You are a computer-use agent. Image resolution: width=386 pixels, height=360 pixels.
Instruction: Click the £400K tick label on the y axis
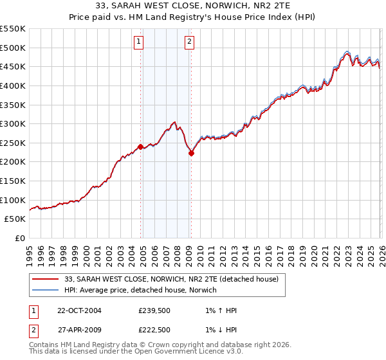[13, 85]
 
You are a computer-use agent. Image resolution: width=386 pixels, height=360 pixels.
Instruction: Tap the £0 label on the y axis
[19, 239]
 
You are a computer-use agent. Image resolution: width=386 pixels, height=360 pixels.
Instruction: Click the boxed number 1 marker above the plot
[139, 42]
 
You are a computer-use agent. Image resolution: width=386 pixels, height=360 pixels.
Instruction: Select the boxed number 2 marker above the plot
[190, 42]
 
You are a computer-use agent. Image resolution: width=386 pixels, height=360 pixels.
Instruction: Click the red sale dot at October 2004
[140, 147]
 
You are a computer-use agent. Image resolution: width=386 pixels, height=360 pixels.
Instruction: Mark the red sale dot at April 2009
[191, 153]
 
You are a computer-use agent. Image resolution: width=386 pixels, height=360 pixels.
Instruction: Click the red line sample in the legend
[45, 279]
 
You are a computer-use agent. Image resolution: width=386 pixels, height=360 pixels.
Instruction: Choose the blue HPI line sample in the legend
[45, 290]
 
